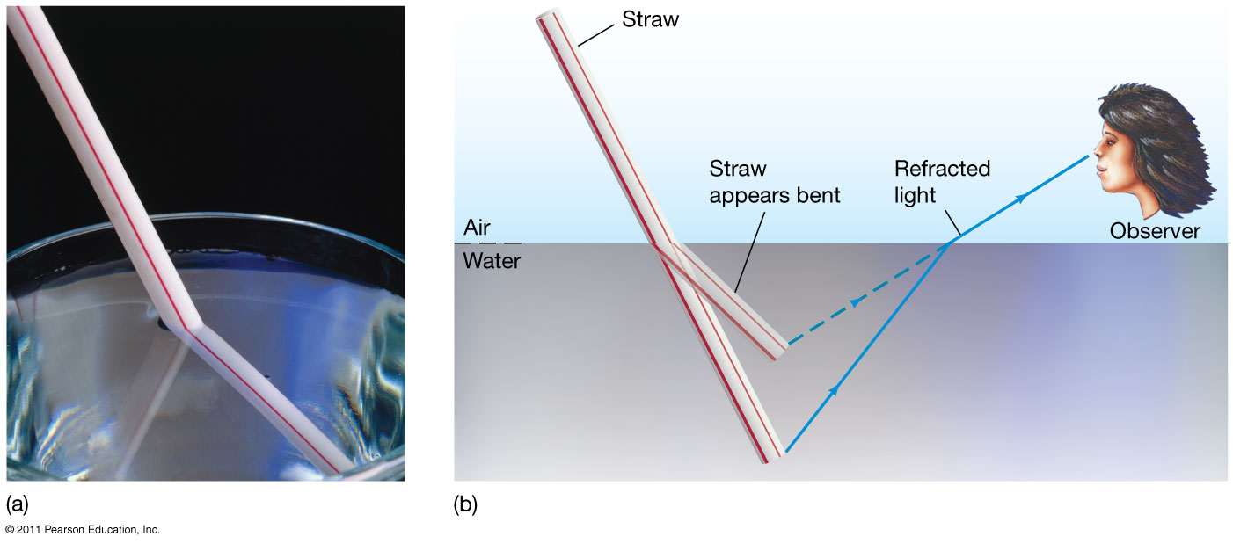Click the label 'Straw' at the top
650,19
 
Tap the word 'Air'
477,228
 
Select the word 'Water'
492,261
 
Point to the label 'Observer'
1155,231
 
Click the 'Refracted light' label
942,182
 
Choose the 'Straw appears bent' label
774,182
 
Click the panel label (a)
18,505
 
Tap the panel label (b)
465,505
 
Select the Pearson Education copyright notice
83,530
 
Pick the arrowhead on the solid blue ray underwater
832,389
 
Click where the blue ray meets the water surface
951,243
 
